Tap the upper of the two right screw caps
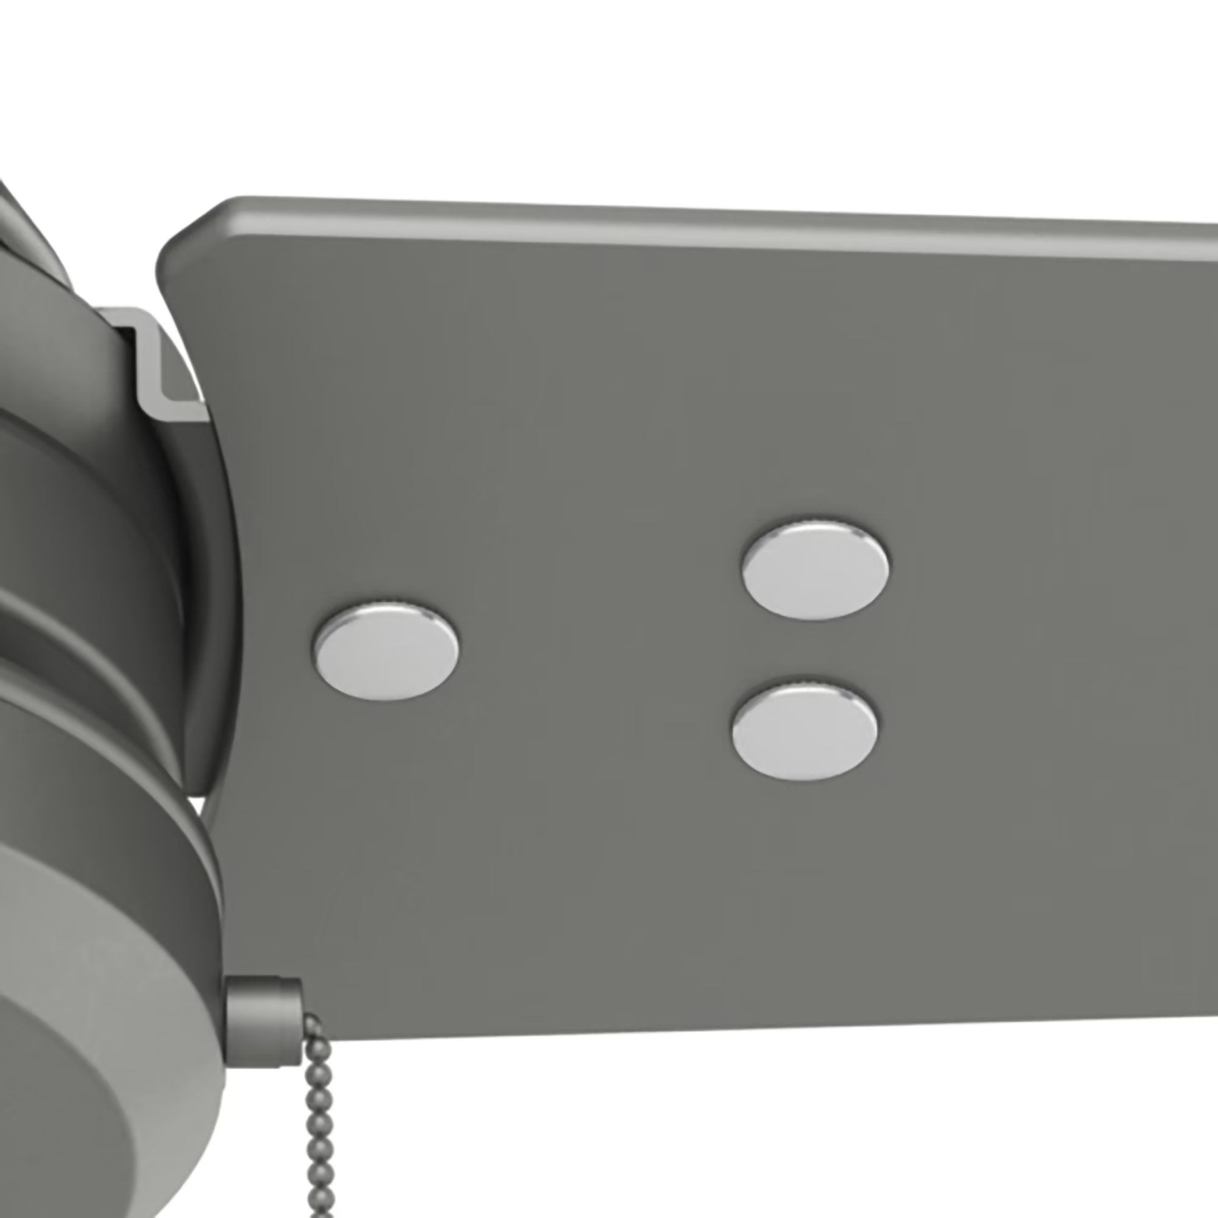point(815,571)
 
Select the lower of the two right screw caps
point(805,730)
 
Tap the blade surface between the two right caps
point(810,649)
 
